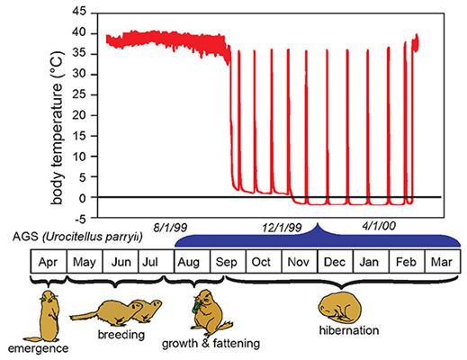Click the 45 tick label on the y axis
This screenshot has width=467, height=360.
tap(79, 12)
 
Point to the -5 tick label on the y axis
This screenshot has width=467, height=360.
tap(79, 219)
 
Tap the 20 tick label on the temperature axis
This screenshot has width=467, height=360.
tap(79, 115)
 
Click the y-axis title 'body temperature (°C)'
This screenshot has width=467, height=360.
tap(58, 128)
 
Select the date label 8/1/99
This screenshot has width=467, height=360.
tap(170, 227)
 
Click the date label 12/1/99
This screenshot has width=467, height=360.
tap(282, 228)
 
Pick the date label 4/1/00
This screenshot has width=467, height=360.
tap(379, 226)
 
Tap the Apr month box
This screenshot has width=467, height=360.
tap(49, 261)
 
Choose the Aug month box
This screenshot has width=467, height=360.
tap(193, 261)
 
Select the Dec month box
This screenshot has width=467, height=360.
tap(335, 261)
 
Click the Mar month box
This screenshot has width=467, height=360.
tap(443, 261)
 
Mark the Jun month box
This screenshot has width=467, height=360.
tap(121, 261)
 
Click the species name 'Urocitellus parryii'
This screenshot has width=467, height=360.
tap(93, 237)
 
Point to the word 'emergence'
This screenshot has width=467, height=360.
tap(38, 348)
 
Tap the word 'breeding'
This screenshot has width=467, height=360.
tap(121, 335)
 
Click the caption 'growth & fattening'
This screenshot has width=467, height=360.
tap(211, 344)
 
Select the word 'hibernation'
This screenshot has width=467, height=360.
tap(349, 330)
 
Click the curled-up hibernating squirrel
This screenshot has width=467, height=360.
tap(340, 308)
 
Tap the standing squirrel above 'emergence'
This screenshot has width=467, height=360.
tap(48, 317)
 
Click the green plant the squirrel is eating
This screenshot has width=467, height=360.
tap(197, 306)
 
